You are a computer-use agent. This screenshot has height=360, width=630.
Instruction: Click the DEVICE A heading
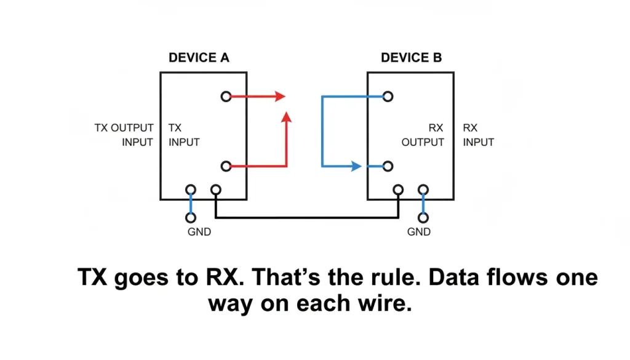pyautogui.click(x=199, y=58)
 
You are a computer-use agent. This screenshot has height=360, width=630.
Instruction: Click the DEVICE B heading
pyautogui.click(x=411, y=58)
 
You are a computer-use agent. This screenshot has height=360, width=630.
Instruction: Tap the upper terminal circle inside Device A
pyautogui.click(x=226, y=97)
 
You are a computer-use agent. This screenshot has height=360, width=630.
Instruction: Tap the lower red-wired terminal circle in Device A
pyautogui.click(x=226, y=166)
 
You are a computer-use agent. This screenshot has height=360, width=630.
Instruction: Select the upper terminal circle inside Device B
pyautogui.click(x=388, y=97)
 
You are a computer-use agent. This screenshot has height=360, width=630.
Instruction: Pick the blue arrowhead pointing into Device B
pyautogui.click(x=356, y=166)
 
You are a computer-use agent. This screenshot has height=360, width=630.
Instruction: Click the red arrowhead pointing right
pyautogui.click(x=281, y=97)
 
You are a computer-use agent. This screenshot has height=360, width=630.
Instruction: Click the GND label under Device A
pyautogui.click(x=199, y=233)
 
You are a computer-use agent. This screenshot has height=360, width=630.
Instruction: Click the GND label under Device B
pyautogui.click(x=419, y=233)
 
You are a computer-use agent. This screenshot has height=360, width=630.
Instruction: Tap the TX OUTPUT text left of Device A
pyautogui.click(x=124, y=128)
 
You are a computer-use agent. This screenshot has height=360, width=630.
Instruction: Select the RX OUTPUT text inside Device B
pyautogui.click(x=423, y=135)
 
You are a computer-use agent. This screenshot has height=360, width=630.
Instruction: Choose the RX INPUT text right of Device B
pyautogui.click(x=478, y=135)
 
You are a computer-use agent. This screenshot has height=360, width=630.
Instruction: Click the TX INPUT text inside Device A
pyautogui.click(x=183, y=135)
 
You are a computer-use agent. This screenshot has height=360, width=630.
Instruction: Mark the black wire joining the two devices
pyautogui.click(x=308, y=217)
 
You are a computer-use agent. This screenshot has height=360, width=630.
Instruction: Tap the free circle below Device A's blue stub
pyautogui.click(x=191, y=217)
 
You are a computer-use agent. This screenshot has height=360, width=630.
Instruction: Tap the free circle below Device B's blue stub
pyautogui.click(x=423, y=217)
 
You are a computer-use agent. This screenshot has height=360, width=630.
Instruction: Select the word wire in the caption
pyautogui.click(x=381, y=303)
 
